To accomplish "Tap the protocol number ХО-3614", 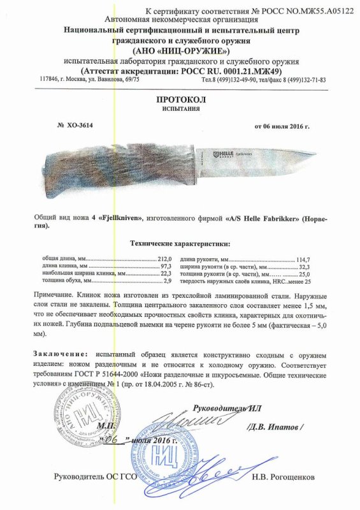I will coord(78,126).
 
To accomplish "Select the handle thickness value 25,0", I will coord(305,274).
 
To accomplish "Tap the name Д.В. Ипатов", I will coord(282,425).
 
